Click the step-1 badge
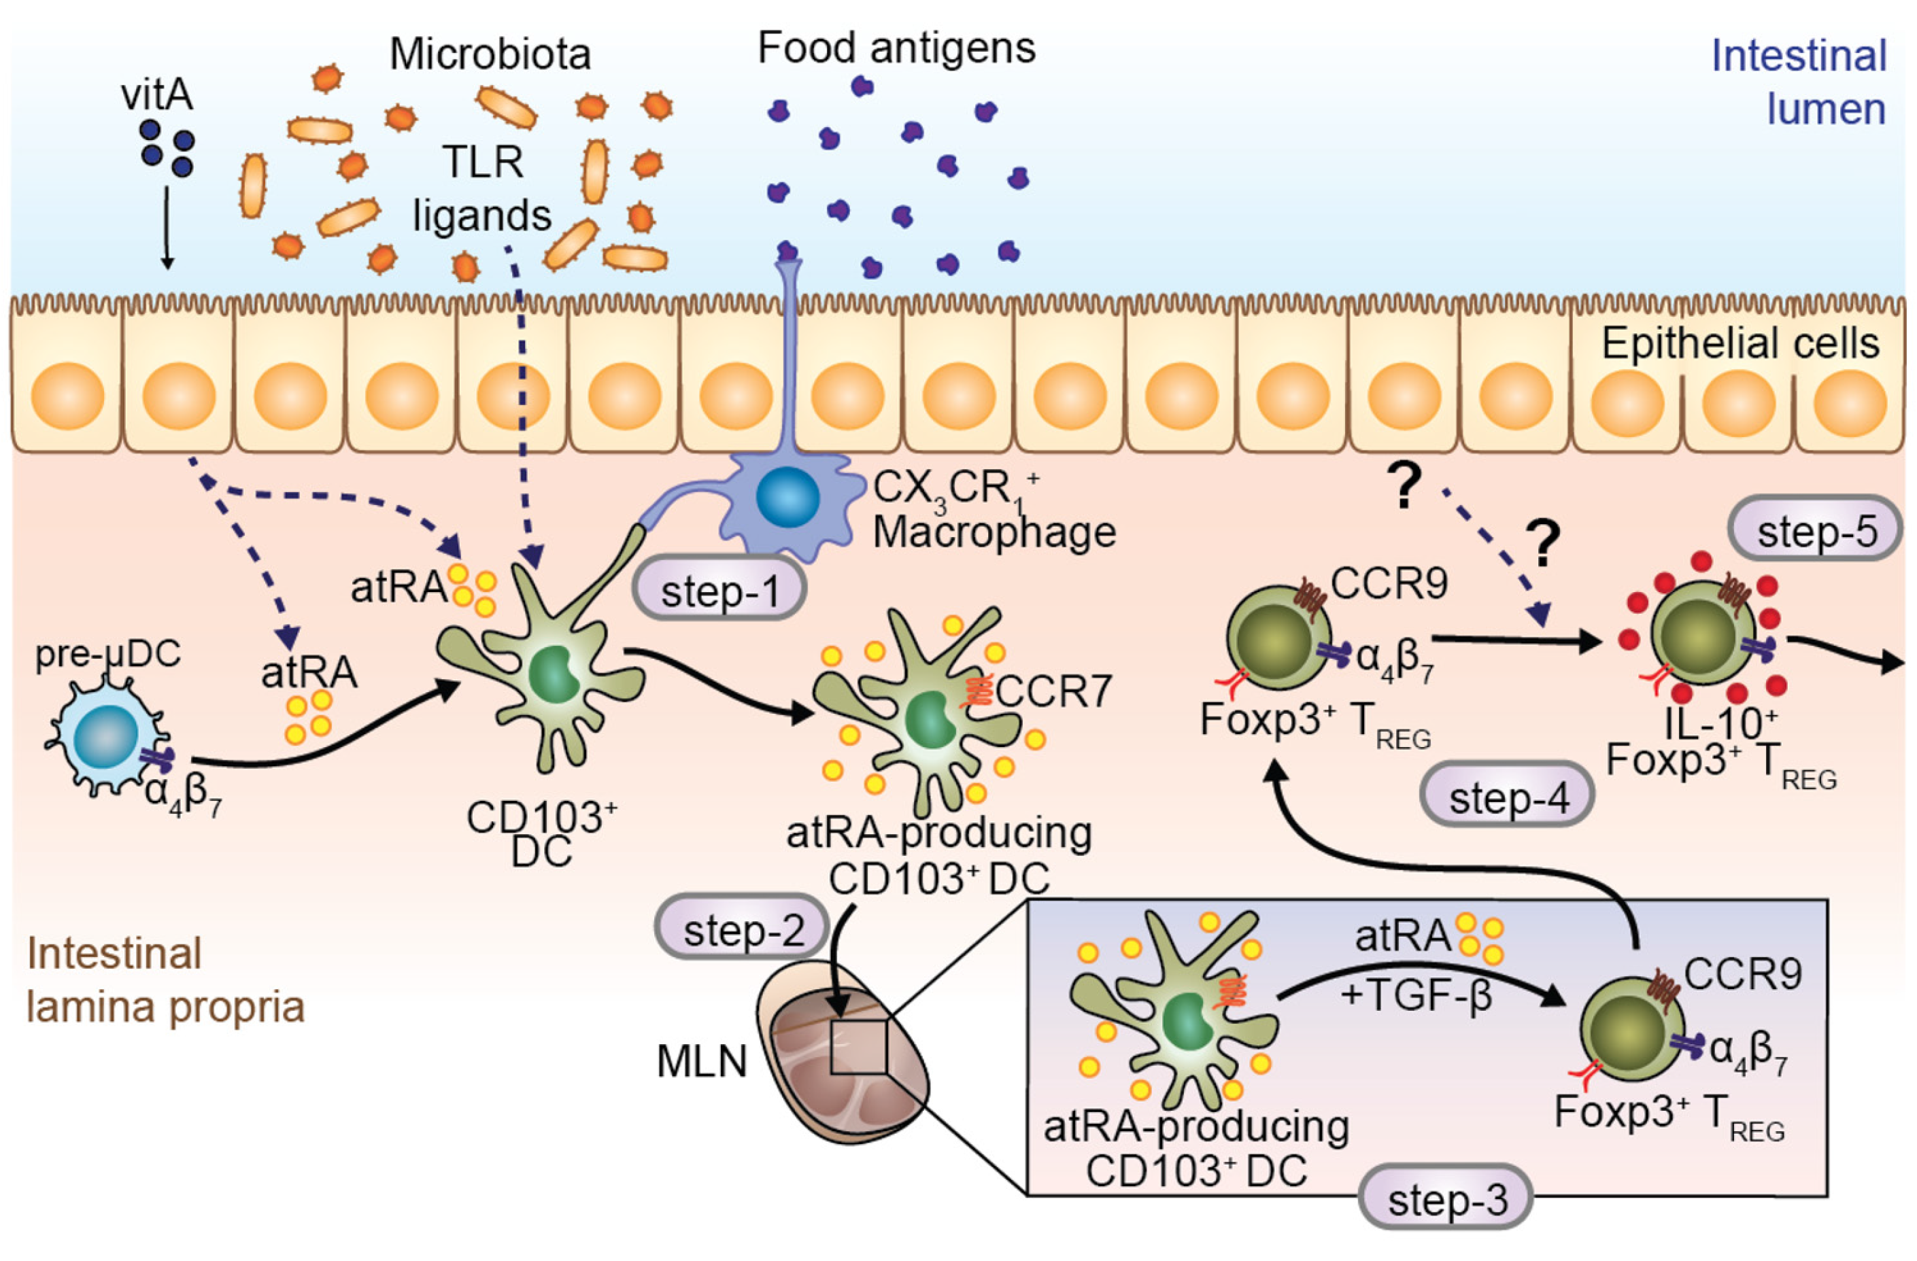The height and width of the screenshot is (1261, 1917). [x=719, y=592]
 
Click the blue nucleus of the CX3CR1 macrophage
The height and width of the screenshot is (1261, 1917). [x=787, y=498]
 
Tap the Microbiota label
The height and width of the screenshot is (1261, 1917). [x=490, y=55]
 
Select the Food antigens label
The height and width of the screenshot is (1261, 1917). [x=896, y=48]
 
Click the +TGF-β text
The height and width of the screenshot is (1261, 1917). [x=1416, y=996]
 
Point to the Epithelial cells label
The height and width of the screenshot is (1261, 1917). [x=1740, y=344]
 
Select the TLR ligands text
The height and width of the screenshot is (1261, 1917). [x=481, y=189]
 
